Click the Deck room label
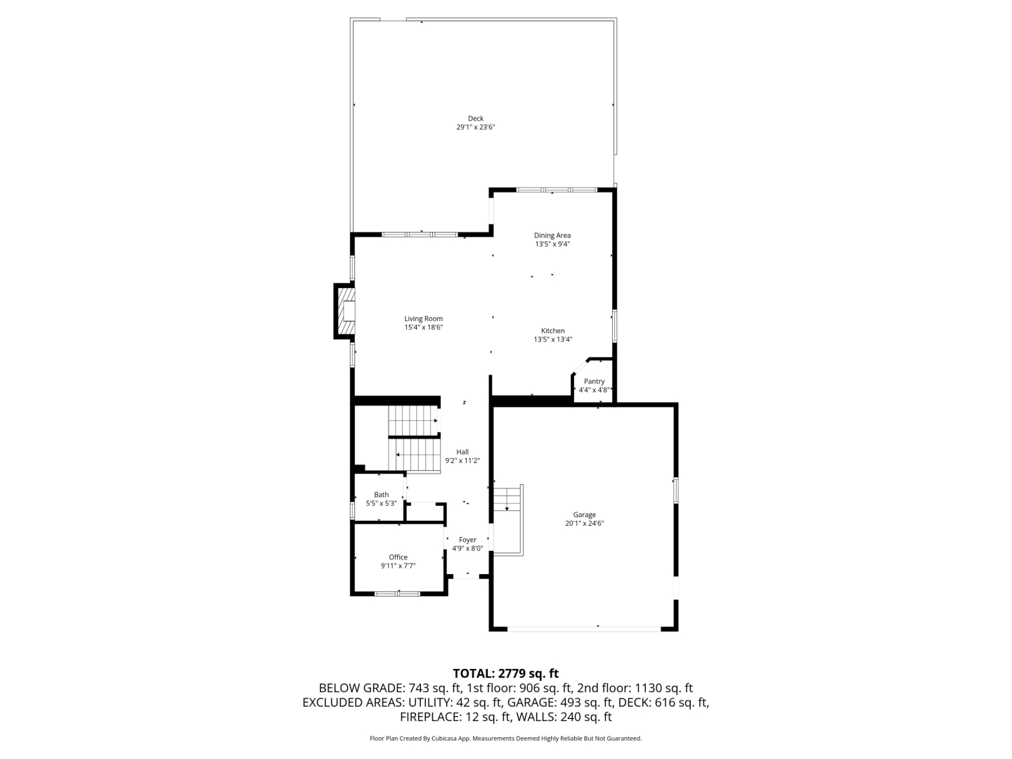pyautogui.click(x=475, y=119)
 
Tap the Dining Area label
pyautogui.click(x=552, y=235)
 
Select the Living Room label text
pyautogui.click(x=423, y=318)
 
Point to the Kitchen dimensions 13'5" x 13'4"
pyautogui.click(x=552, y=339)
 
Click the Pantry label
pyautogui.click(x=594, y=382)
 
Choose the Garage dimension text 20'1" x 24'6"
pyautogui.click(x=584, y=523)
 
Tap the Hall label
pyautogui.click(x=462, y=452)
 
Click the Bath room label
pyautogui.click(x=382, y=495)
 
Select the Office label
pyautogui.click(x=398, y=557)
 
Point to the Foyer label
pyautogui.click(x=467, y=540)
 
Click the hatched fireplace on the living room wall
pyautogui.click(x=346, y=311)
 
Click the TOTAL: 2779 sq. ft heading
pyautogui.click(x=506, y=674)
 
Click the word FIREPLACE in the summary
pyautogui.click(x=429, y=717)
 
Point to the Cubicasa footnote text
pyautogui.click(x=506, y=739)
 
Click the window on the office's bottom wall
pyautogui.click(x=398, y=594)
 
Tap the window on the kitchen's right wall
pyautogui.click(x=614, y=326)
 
